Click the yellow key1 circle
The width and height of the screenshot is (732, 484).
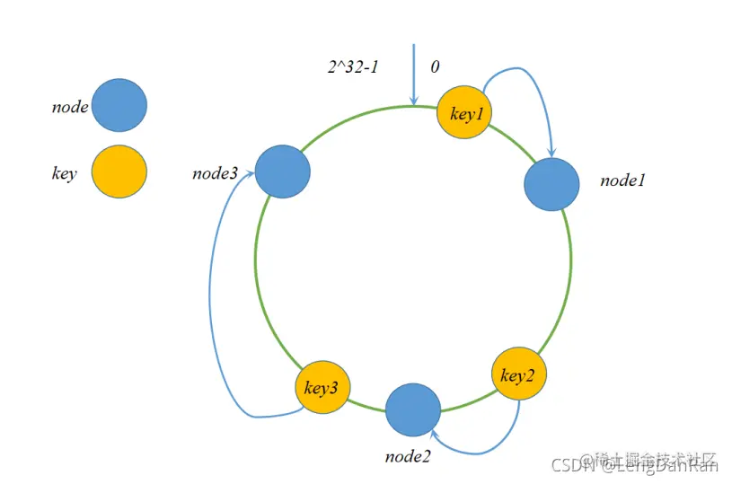click(x=463, y=113)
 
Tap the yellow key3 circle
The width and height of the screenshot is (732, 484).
click(x=322, y=388)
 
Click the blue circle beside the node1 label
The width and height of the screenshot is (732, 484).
click(x=551, y=184)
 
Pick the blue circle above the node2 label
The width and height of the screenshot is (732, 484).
click(x=413, y=409)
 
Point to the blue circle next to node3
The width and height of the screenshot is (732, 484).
click(x=282, y=172)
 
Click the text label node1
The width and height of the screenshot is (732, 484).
click(x=623, y=180)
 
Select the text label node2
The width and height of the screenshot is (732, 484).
click(x=408, y=456)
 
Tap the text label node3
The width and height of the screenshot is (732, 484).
click(x=215, y=172)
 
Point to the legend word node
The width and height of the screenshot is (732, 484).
click(x=70, y=108)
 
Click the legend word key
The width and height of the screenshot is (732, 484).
click(x=65, y=174)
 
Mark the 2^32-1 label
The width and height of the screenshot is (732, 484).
click(x=354, y=66)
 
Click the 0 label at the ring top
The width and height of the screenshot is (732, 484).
click(x=435, y=67)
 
